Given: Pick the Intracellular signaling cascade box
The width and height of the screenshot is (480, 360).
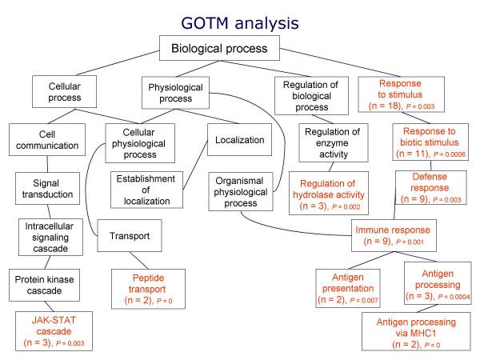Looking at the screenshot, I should coord(51,238).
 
